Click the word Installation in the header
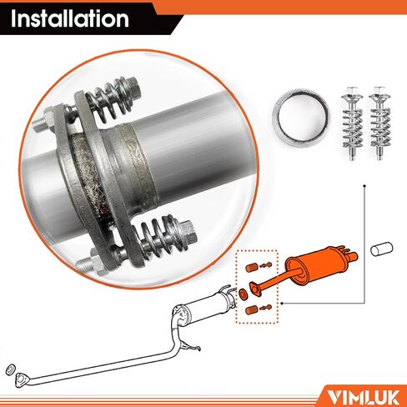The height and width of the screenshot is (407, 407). click(x=70, y=18)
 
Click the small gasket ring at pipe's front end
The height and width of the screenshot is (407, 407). click(x=9, y=369)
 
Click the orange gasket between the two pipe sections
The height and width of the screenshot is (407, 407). click(x=242, y=293)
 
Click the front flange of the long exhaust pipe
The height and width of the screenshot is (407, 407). click(x=24, y=374)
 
